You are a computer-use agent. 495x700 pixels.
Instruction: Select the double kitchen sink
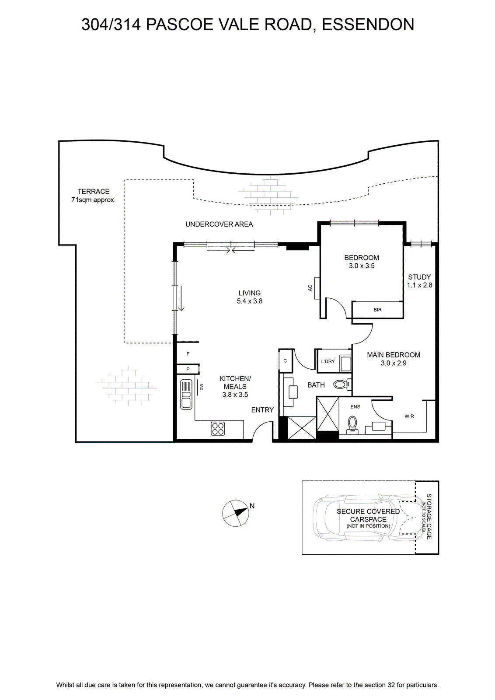click(186, 394)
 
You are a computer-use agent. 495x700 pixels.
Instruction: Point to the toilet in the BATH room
click(342, 385)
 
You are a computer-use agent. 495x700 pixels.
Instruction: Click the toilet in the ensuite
click(352, 424)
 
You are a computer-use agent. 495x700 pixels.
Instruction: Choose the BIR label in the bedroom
click(377, 310)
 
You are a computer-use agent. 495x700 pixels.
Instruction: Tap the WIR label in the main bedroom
click(409, 416)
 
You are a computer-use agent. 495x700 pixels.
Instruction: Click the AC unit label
click(310, 288)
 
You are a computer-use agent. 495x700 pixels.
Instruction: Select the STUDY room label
click(419, 277)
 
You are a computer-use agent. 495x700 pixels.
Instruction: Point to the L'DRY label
click(328, 361)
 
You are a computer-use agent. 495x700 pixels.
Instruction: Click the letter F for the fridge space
click(188, 354)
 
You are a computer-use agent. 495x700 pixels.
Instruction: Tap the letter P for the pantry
click(188, 369)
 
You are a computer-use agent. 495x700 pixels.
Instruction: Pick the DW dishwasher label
click(202, 388)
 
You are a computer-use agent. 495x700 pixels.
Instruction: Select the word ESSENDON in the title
click(368, 24)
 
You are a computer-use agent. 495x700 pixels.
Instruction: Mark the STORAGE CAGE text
click(429, 517)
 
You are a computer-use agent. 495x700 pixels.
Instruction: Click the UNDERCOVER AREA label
click(219, 224)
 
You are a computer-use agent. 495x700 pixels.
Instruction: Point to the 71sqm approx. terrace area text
click(94, 200)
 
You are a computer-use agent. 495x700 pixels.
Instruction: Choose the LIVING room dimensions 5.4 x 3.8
click(250, 301)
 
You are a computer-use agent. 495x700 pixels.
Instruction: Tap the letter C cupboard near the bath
click(285, 360)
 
